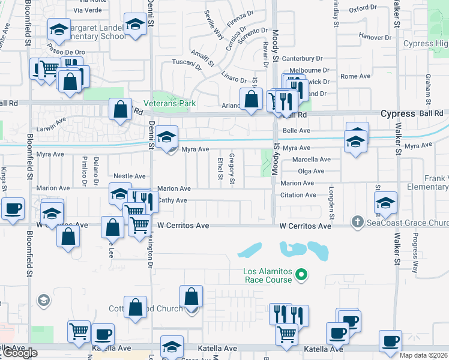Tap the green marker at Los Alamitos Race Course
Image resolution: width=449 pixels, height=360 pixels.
(x=303, y=275)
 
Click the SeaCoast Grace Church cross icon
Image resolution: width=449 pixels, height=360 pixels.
(x=358, y=222)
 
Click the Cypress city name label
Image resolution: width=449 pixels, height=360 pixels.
(x=398, y=113)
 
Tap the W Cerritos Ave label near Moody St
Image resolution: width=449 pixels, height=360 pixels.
(x=306, y=226)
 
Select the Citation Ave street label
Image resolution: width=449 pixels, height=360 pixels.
(x=298, y=195)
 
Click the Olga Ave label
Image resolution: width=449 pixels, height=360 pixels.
(x=310, y=171)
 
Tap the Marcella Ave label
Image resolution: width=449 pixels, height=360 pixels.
(x=311, y=160)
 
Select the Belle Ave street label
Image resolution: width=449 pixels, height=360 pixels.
(x=296, y=130)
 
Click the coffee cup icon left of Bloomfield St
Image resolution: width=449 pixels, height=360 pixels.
(x=13, y=209)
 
